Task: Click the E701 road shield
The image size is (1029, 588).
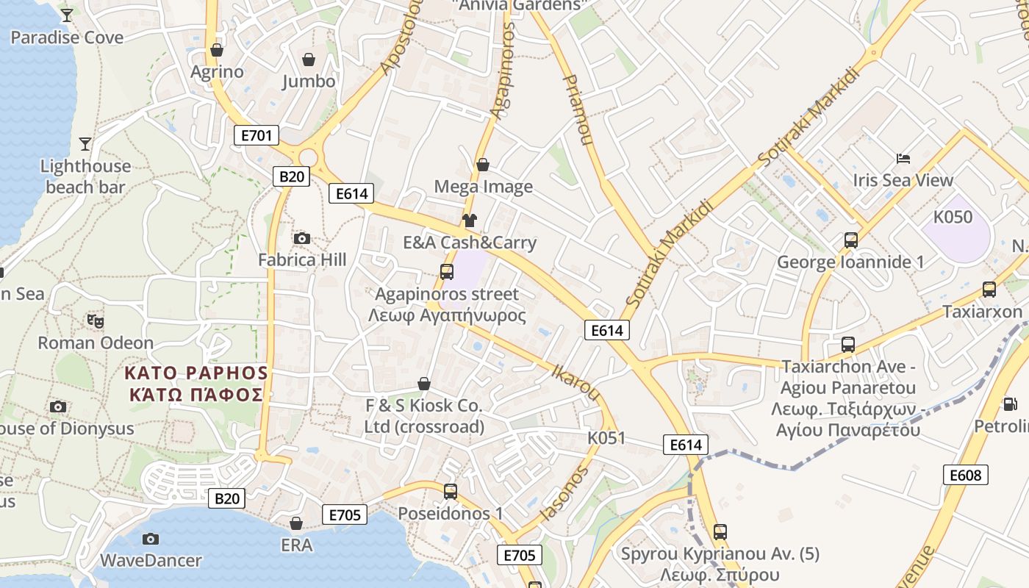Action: (257, 135)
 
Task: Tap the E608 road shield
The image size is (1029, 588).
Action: (965, 476)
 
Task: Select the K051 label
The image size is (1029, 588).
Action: (606, 438)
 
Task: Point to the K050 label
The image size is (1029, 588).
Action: (953, 217)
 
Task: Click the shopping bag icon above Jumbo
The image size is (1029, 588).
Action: (309, 60)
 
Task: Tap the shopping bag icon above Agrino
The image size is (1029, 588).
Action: (217, 50)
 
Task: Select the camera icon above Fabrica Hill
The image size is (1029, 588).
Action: (301, 238)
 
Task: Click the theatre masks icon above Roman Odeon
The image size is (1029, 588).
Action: (96, 321)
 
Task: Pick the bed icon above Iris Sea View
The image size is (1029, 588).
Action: (903, 159)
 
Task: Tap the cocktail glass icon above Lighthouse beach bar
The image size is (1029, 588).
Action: (85, 144)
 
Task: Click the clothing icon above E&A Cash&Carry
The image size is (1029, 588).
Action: (470, 220)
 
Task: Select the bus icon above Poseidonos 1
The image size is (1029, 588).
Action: (451, 491)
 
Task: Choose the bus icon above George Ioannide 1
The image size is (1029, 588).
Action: (850, 240)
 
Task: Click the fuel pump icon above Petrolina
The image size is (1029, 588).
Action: (1011, 404)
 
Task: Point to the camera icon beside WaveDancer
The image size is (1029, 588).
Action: (150, 539)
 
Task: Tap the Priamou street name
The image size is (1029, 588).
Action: (578, 110)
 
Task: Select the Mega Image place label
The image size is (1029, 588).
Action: (483, 187)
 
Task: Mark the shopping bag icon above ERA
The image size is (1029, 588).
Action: (296, 523)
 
